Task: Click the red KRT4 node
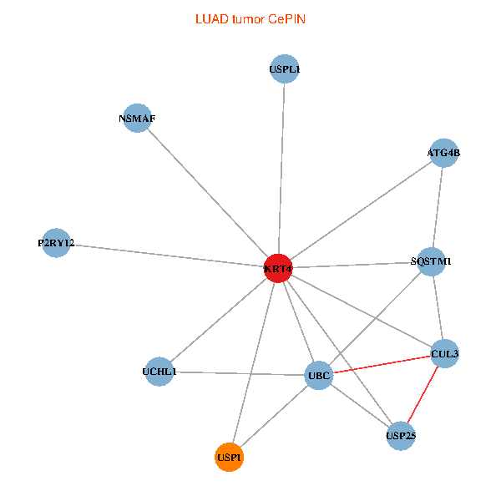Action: pos(277,268)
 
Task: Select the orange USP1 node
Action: pos(229,457)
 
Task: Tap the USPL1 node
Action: pos(285,70)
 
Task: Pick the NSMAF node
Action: pos(137,118)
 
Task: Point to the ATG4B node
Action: pos(443,153)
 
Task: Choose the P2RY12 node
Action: pos(56,243)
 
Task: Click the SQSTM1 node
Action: pos(431,261)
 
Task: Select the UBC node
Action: pos(319,375)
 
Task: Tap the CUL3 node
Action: pos(444,354)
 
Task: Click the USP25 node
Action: pos(401,435)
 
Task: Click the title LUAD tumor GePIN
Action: pos(250,18)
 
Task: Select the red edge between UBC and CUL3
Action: pos(382,365)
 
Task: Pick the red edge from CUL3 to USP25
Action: pos(423,394)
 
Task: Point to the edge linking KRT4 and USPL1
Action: pos(281,167)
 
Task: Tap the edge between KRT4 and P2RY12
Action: pos(167,256)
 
